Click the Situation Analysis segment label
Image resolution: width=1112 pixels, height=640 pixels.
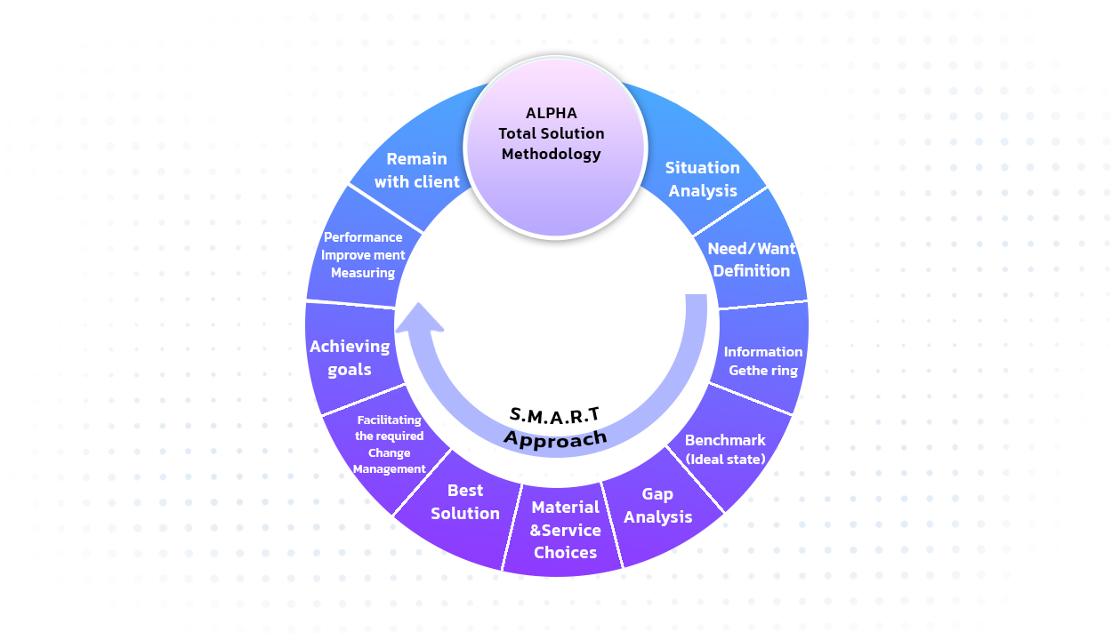click(703, 179)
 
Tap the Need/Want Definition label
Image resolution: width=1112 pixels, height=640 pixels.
click(752, 260)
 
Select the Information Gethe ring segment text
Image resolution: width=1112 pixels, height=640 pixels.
click(763, 361)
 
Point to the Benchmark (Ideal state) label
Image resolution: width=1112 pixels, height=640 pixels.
click(725, 449)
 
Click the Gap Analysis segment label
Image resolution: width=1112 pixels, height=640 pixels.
click(658, 505)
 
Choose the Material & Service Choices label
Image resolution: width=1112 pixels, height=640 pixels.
click(566, 530)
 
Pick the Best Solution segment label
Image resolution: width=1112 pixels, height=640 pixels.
click(465, 501)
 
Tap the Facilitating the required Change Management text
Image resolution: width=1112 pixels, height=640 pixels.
click(390, 444)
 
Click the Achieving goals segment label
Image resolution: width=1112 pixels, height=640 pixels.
click(350, 357)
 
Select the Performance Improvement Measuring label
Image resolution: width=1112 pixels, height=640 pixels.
click(363, 255)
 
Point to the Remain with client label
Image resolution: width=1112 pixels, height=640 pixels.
click(417, 170)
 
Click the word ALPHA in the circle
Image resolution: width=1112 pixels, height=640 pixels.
click(552, 113)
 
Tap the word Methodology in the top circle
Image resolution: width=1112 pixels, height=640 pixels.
click(552, 154)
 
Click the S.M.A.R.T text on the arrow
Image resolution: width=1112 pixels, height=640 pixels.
click(555, 413)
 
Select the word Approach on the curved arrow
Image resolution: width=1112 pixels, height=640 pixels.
click(555, 436)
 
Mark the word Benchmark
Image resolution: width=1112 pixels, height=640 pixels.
click(725, 440)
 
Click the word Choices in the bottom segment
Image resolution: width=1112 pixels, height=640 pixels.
click(566, 552)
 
